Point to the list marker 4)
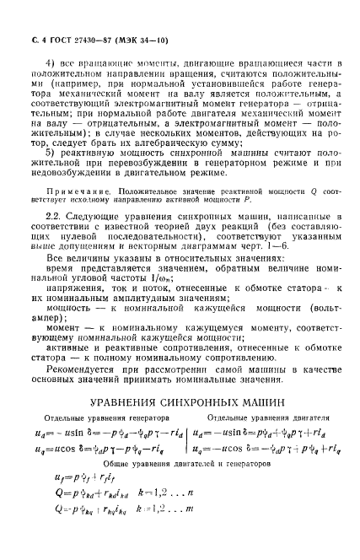pyautogui.click(x=61, y=64)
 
